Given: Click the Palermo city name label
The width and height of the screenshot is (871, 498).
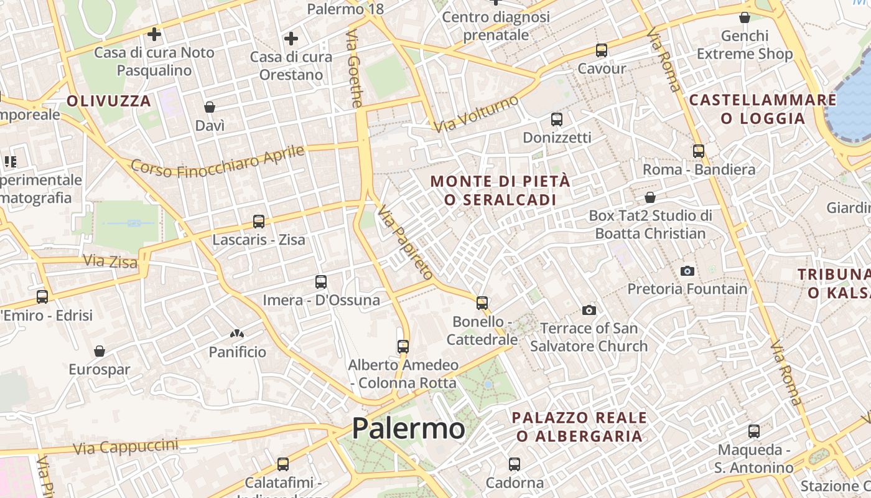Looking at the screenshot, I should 408,428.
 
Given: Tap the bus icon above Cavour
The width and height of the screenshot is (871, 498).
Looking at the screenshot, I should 601,50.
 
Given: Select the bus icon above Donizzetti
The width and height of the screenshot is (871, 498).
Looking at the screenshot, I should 557,119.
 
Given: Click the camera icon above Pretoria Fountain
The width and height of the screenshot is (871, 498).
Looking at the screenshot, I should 687,271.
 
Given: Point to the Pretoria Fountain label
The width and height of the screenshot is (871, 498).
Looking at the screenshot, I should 687,289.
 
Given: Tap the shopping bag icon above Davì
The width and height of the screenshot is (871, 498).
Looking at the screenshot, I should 210,107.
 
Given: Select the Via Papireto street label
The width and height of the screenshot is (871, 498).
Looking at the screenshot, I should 406,242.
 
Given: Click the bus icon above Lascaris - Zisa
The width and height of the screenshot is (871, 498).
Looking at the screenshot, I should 259,221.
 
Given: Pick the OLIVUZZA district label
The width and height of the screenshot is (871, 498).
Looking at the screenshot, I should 109,101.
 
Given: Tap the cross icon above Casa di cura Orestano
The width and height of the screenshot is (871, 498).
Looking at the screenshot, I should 291,39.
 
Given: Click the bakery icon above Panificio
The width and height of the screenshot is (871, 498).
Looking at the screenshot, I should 236,334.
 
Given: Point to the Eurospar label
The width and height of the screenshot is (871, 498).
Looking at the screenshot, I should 100,369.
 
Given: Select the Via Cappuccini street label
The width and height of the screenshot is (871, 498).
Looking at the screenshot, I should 125,446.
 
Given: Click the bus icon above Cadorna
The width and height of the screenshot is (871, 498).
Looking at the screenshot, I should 515,464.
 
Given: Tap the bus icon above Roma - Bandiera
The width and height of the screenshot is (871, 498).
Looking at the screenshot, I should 699,151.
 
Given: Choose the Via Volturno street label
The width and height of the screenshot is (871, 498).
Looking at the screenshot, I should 477,114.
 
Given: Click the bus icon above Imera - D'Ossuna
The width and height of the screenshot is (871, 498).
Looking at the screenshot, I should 321,282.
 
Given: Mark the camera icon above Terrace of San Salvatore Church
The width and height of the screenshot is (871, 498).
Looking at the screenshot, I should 589,310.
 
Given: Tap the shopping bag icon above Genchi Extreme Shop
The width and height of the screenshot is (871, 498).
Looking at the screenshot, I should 745,17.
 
